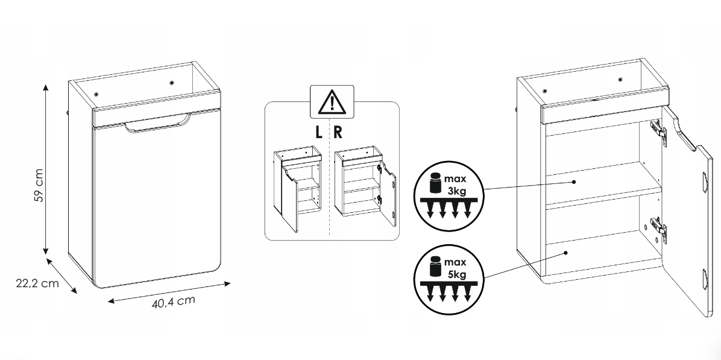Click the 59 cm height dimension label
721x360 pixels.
[39, 185]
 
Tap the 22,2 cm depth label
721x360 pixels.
[38, 283]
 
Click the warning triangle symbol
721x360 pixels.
[332, 102]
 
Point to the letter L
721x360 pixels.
[319, 133]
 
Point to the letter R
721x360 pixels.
[338, 133]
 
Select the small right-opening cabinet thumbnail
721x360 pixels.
[365, 186]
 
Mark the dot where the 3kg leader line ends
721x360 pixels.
[574, 182]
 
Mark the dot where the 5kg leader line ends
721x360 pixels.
[566, 253]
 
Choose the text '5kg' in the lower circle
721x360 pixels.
[456, 275]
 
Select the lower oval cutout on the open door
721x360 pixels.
[705, 279]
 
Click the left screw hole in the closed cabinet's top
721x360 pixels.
[96, 94]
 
